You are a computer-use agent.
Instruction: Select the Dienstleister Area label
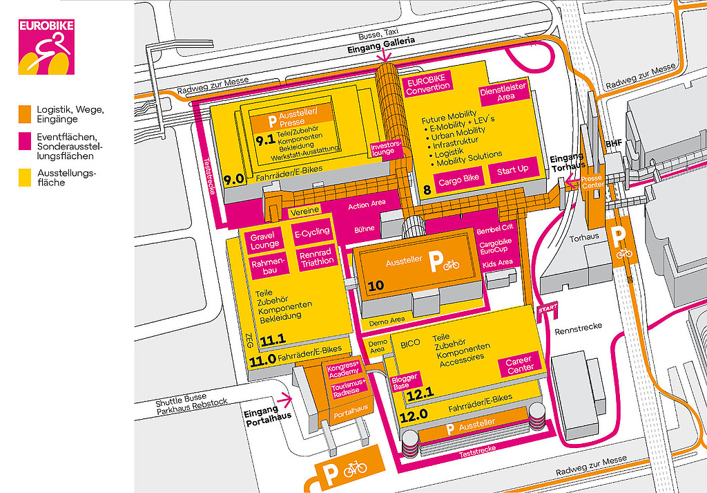(x=503, y=91)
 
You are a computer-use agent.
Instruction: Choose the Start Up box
(x=512, y=170)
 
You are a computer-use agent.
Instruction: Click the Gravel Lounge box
(x=264, y=240)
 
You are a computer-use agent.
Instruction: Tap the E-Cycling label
(x=311, y=232)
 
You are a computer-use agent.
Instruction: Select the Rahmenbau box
(x=268, y=267)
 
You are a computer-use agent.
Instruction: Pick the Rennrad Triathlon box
(x=317, y=257)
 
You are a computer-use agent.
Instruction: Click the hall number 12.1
(x=419, y=395)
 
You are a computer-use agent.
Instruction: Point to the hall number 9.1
(x=265, y=141)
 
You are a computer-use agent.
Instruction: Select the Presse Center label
(x=592, y=183)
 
